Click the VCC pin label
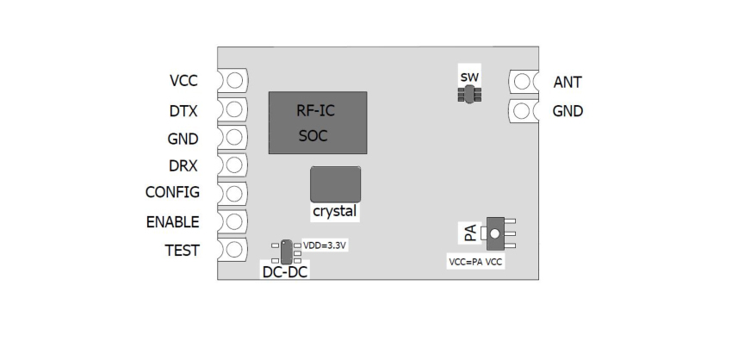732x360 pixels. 183,82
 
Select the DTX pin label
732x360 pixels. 183,110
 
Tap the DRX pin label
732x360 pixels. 183,165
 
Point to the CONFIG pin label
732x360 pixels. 172,192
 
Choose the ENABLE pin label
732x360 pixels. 172,221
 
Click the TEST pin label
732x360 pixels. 182,251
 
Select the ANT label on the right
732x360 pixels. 568,83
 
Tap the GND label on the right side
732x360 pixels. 568,111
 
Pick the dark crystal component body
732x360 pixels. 335,184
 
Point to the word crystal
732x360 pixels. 335,210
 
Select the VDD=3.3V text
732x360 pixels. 325,245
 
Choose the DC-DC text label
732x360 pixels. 285,272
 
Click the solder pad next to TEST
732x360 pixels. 233,250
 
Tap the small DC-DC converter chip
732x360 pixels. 286,251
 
